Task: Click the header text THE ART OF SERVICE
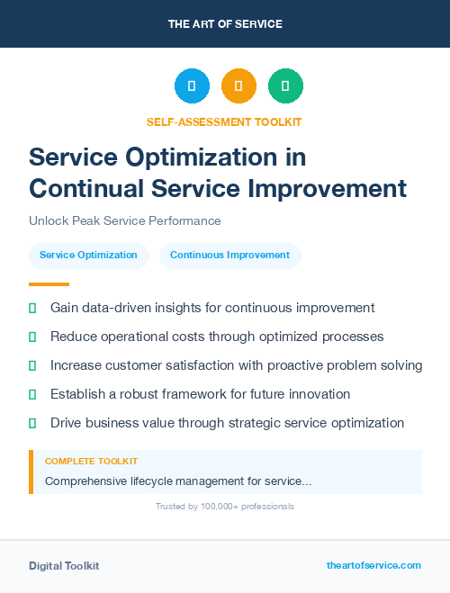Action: pyautogui.click(x=225, y=24)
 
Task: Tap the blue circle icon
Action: pyautogui.click(x=192, y=86)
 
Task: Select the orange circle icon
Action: pyautogui.click(x=238, y=86)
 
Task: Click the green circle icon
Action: pyautogui.click(x=285, y=86)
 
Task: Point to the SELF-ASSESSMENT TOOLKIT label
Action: pyautogui.click(x=224, y=121)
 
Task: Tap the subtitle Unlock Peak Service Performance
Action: pyautogui.click(x=125, y=220)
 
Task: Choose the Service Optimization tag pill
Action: pyautogui.click(x=88, y=255)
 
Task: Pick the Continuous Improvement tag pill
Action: pyautogui.click(x=229, y=255)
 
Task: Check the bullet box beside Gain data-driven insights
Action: pyautogui.click(x=32, y=308)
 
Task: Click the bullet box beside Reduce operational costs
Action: pyautogui.click(x=32, y=337)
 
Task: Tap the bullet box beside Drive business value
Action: pyautogui.click(x=32, y=423)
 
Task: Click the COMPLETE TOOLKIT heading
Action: pyautogui.click(x=91, y=462)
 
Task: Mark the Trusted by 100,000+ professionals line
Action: pyautogui.click(x=224, y=507)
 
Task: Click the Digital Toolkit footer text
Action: pyautogui.click(x=64, y=566)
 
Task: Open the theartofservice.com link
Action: pyautogui.click(x=373, y=565)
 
